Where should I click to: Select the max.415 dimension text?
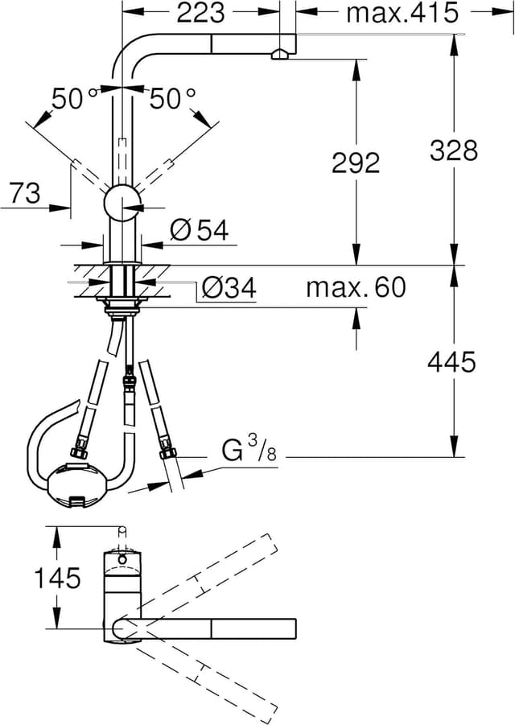[402, 13]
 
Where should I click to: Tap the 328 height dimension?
[453, 150]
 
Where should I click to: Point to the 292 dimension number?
[355, 163]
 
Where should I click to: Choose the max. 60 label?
[355, 287]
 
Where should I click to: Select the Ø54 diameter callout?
[200, 232]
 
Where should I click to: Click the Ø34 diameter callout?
[229, 288]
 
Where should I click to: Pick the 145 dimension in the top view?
[57, 578]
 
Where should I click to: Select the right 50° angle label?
[173, 99]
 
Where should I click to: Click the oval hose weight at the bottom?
[76, 485]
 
